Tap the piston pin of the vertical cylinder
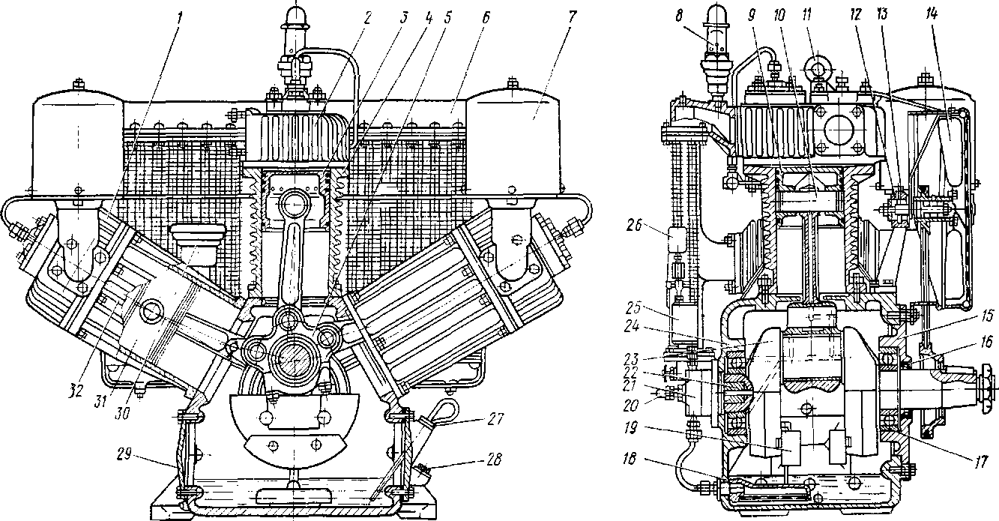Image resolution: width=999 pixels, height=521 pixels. (x=293, y=204)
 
